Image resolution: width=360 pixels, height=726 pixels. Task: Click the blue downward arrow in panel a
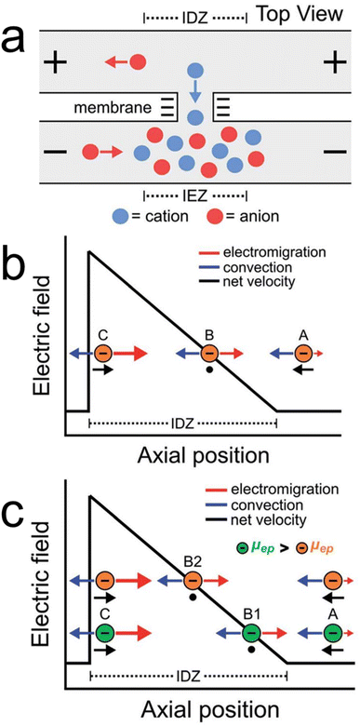pos(193,94)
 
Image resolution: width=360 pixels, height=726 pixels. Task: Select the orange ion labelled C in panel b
pos(104,354)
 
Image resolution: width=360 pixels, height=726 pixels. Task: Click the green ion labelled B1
pos(251,634)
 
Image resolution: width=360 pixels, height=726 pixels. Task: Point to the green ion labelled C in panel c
pos(104,634)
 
